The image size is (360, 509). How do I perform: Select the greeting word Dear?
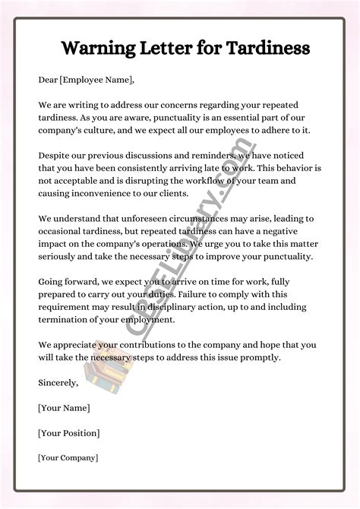(49, 80)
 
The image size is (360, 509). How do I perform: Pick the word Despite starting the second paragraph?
(56, 155)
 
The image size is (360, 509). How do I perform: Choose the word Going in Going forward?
(52, 282)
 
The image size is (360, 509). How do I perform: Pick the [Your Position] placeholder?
(68, 433)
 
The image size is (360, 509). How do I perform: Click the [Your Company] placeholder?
(68, 458)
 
